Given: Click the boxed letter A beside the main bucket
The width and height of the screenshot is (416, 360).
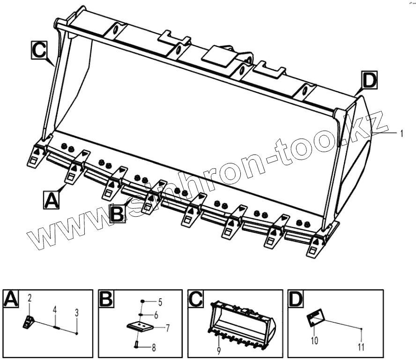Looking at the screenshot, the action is click(51, 199).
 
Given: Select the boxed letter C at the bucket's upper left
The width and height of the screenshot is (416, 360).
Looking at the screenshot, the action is click(39, 50).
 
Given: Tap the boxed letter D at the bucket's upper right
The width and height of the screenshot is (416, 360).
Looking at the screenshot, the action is click(369, 81).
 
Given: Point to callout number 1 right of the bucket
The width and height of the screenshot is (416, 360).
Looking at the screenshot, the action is click(401, 133).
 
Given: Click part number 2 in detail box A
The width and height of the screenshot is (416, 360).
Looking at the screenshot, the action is click(29, 298).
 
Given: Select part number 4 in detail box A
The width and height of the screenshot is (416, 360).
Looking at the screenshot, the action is click(54, 309).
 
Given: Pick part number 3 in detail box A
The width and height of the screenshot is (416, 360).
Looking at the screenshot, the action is click(76, 312).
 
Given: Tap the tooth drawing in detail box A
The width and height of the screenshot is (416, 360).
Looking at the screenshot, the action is click(28, 322).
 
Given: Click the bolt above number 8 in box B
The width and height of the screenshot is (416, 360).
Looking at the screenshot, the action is click(136, 345).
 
